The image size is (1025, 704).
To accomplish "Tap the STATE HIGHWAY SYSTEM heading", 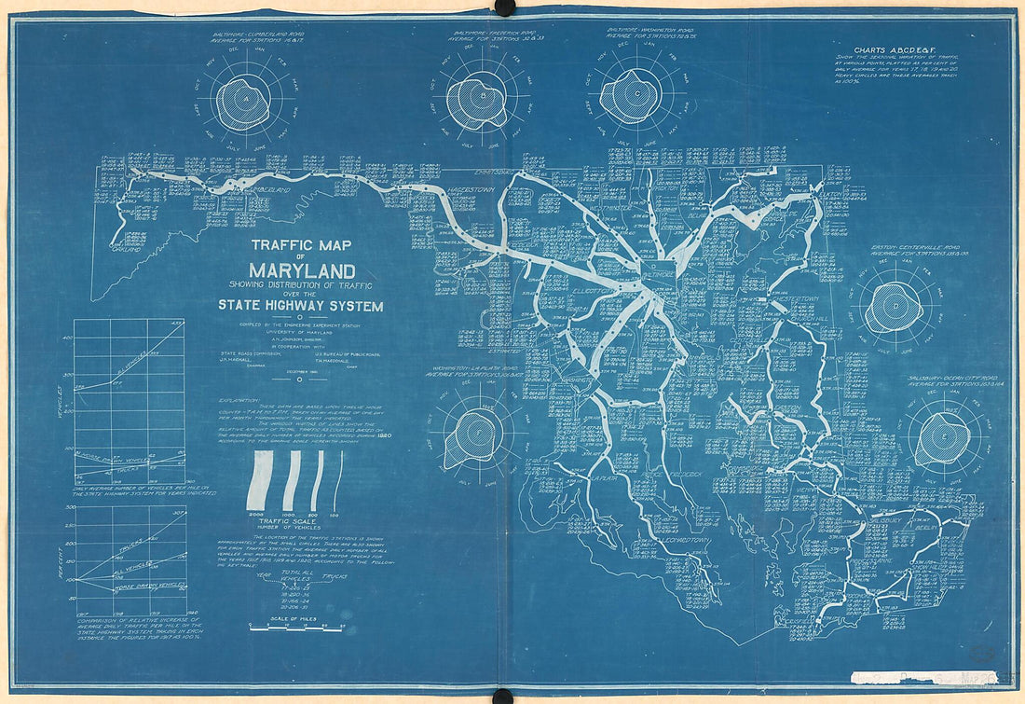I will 300,305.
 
